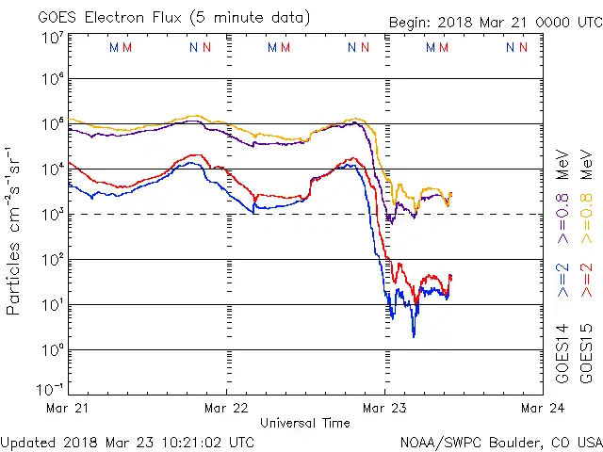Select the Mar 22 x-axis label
227,408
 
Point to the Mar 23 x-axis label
383,408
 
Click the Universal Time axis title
305,423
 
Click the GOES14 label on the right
562,352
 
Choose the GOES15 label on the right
587,352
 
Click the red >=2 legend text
587,281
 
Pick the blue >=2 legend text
562,281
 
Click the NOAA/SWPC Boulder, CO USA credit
499,442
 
